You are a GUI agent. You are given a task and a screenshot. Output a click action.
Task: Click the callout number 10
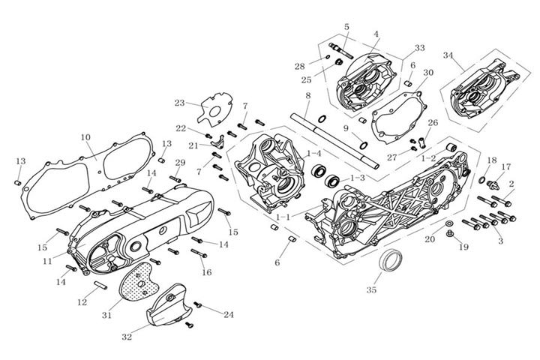tap(85, 137)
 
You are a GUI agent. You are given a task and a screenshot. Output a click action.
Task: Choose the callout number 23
tap(179, 103)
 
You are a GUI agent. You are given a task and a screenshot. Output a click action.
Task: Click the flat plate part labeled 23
tap(214, 109)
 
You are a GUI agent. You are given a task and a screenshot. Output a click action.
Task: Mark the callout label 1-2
tap(428, 158)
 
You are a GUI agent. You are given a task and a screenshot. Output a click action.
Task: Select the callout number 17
tap(506, 166)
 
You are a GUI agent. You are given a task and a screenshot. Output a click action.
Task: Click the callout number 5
tap(346, 27)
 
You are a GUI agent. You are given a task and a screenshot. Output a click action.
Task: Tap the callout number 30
tap(428, 73)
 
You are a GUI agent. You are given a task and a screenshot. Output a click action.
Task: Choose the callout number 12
tap(82, 302)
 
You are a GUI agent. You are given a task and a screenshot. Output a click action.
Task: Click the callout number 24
tap(228, 315)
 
